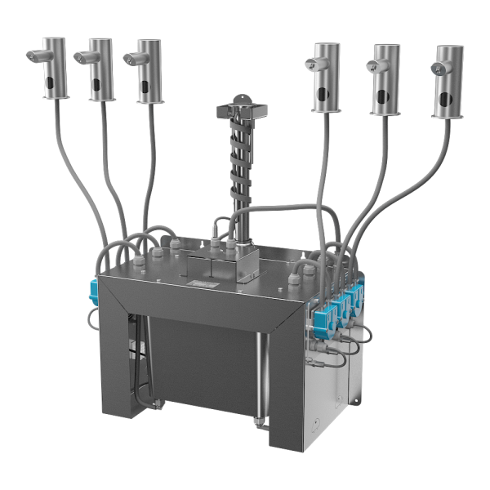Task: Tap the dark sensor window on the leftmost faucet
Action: click(53, 83)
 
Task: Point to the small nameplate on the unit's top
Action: click(199, 283)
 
